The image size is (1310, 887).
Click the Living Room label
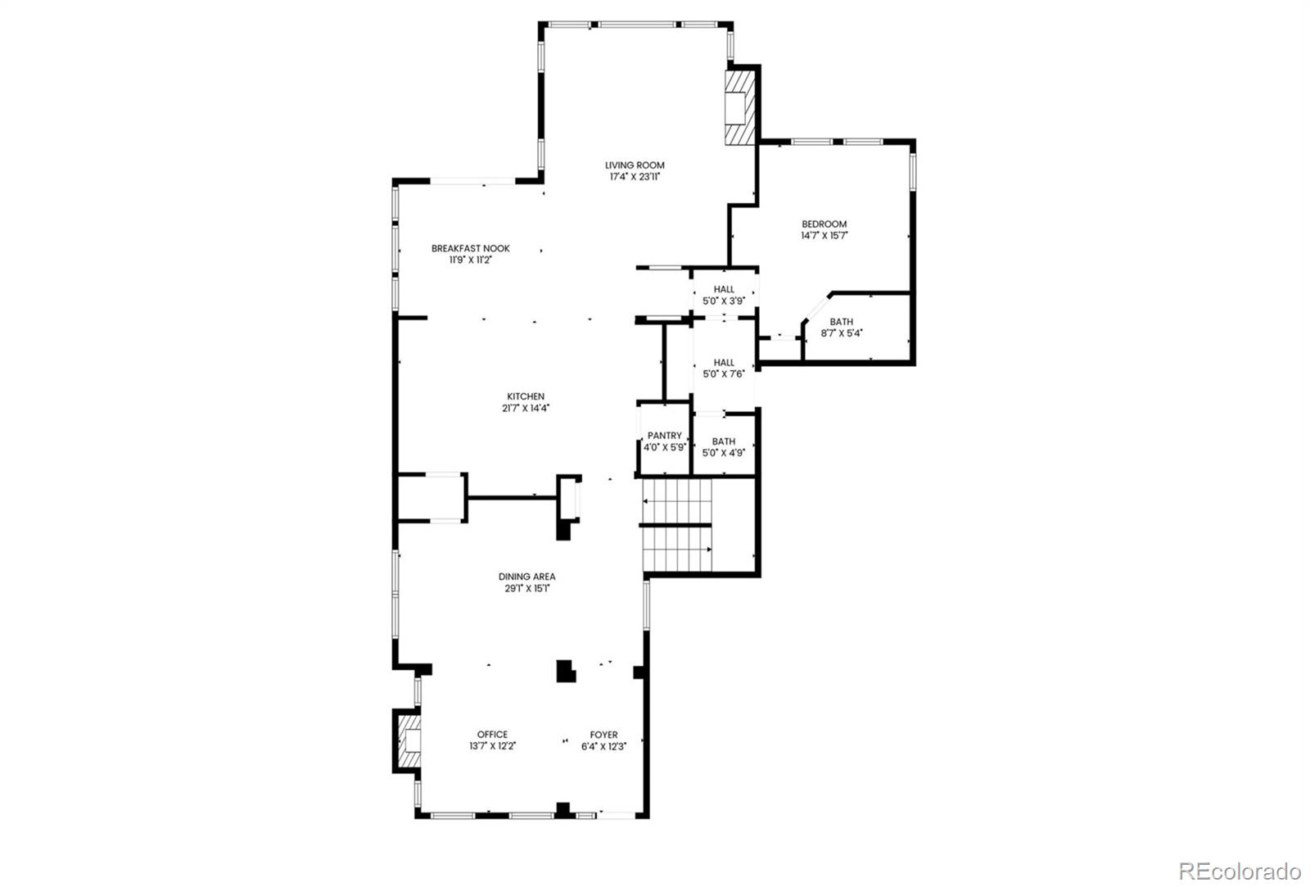point(635,165)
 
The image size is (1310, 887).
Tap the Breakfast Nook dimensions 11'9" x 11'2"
point(470,260)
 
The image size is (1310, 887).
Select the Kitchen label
point(525,396)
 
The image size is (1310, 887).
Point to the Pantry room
point(664,441)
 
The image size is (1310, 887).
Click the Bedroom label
point(824,224)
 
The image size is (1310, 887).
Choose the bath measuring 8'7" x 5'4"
point(841,328)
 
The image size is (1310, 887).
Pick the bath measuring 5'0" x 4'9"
point(723,446)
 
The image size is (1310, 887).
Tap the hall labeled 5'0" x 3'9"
point(724,295)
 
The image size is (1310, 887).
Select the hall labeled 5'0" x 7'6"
point(724,368)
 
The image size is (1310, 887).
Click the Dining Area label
point(526,577)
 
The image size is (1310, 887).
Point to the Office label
point(492,735)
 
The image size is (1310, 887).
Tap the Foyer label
point(604,735)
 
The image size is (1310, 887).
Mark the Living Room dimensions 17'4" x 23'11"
point(635,176)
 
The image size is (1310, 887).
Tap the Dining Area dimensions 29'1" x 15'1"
point(526,588)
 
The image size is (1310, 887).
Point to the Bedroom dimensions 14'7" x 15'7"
point(824,236)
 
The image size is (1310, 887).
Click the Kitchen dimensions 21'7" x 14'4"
point(525,408)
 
